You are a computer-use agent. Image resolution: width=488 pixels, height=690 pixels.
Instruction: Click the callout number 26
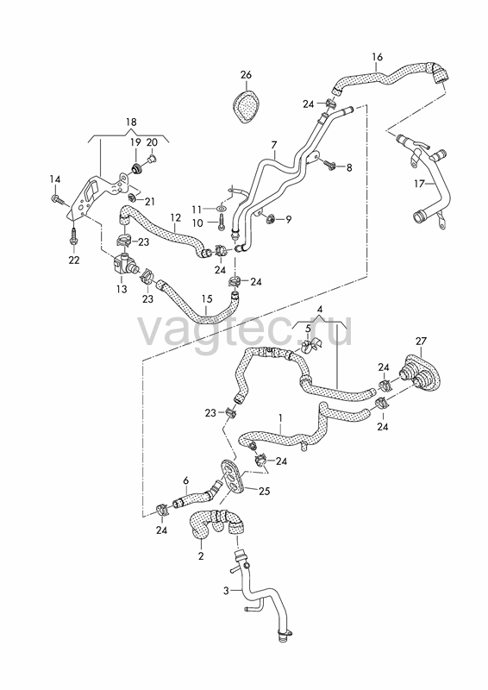(246, 75)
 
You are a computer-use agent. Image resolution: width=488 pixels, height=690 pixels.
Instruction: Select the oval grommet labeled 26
(246, 106)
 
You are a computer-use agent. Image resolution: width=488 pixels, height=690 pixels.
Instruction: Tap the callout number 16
(377, 57)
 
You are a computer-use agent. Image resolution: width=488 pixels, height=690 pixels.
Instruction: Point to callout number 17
(419, 183)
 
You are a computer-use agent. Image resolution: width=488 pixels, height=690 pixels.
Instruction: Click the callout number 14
(54, 179)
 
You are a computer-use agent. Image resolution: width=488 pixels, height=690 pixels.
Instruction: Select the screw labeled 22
(73, 238)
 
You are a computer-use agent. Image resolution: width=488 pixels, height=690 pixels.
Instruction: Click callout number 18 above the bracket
(131, 122)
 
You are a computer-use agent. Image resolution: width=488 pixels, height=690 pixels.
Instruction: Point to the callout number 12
(175, 217)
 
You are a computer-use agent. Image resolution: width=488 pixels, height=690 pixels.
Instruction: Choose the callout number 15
(207, 299)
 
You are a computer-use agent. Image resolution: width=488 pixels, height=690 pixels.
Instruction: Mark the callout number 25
(265, 491)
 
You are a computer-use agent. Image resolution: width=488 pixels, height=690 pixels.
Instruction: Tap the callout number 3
(226, 591)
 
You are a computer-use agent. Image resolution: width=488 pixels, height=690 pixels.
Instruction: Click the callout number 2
(201, 556)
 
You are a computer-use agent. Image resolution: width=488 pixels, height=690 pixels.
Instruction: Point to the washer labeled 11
(222, 208)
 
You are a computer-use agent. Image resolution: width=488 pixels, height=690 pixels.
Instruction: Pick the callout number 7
(273, 145)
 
